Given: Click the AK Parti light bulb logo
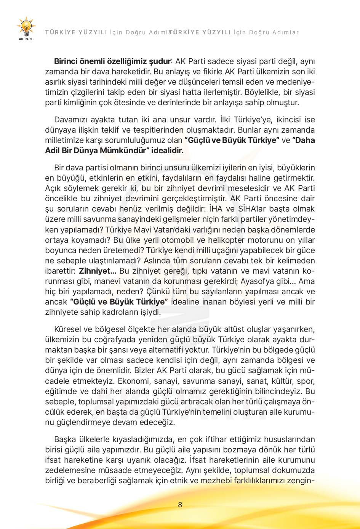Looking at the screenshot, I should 26,27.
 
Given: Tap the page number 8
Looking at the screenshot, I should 180,505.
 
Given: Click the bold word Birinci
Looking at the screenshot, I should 67,61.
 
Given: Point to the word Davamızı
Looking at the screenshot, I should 70,119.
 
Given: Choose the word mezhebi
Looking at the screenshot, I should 216,480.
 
